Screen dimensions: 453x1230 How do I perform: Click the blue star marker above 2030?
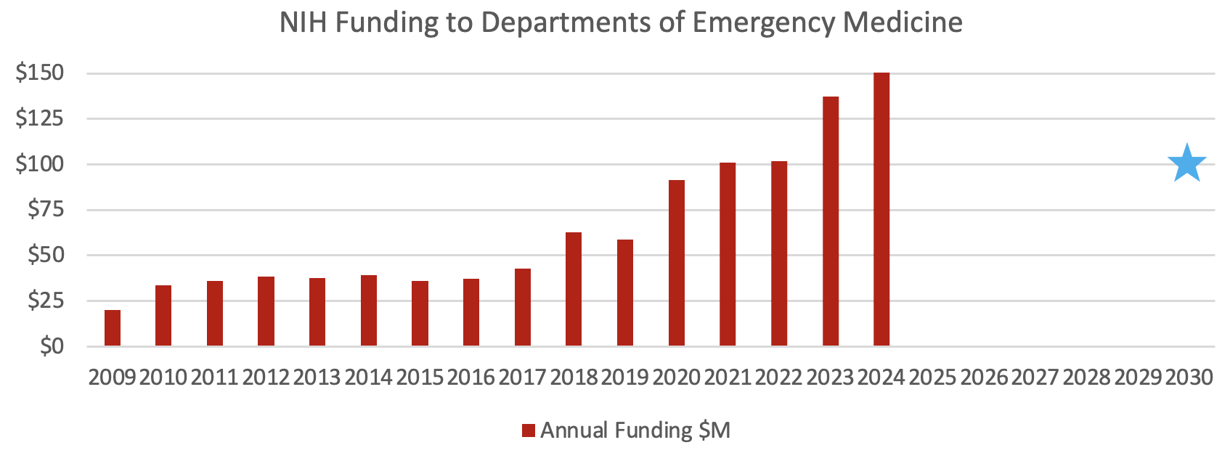pyautogui.click(x=1186, y=163)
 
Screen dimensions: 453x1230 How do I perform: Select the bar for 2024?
pyautogui.click(x=881, y=209)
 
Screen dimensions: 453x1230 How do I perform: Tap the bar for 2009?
pyautogui.click(x=113, y=328)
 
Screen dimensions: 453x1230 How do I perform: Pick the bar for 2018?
pyautogui.click(x=574, y=289)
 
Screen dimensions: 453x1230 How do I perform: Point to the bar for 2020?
pyautogui.click(x=677, y=263)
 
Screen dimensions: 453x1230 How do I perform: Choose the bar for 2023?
pyautogui.click(x=831, y=221)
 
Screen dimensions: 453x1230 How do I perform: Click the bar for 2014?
pyautogui.click(x=369, y=311)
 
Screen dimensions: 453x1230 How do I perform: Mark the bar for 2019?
pyautogui.click(x=625, y=293)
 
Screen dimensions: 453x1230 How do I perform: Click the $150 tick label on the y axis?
pyautogui.click(x=40, y=73)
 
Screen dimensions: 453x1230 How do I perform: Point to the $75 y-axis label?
pyautogui.click(x=46, y=210)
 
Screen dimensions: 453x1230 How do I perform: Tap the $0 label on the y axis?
pyautogui.click(x=52, y=346)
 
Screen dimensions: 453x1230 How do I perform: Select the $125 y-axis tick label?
pyautogui.click(x=40, y=118)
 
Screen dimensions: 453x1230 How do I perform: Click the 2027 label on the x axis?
pyautogui.click(x=1035, y=377)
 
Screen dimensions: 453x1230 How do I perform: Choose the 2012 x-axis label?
pyautogui.click(x=266, y=377)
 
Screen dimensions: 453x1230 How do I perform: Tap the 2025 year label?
pyautogui.click(x=933, y=377)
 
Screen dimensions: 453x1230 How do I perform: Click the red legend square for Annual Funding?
pyautogui.click(x=529, y=430)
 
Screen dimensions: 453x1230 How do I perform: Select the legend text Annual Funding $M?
pyautogui.click(x=635, y=430)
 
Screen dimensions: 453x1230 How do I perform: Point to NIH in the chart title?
pyautogui.click(x=304, y=23)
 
